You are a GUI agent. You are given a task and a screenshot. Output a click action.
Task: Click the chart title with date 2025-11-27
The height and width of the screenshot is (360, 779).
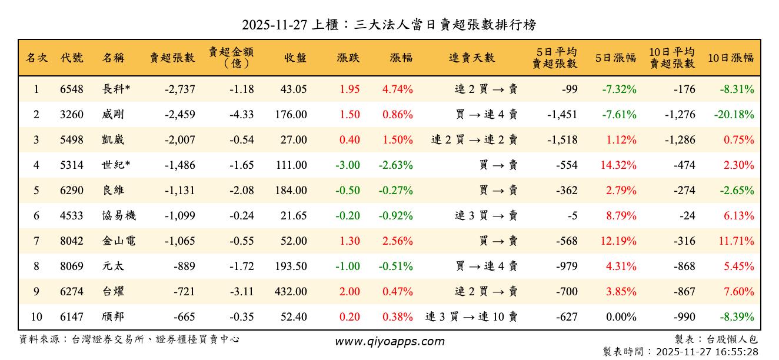(389, 25)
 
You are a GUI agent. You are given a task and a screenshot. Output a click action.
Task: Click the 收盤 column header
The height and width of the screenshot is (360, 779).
(295, 58)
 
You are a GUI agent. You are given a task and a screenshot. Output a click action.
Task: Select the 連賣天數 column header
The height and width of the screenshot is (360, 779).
(472, 58)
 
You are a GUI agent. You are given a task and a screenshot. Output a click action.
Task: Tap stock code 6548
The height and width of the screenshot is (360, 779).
(71, 89)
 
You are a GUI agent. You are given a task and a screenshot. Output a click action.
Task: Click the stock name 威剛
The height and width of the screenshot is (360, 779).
(113, 115)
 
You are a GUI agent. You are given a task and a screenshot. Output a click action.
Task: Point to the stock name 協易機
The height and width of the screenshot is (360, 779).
(119, 216)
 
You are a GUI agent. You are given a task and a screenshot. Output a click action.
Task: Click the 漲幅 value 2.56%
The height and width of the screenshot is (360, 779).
(398, 241)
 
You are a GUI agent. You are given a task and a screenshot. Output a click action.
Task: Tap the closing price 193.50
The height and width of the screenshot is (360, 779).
(291, 266)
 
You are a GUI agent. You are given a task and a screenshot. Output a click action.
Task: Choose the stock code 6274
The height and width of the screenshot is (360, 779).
(71, 292)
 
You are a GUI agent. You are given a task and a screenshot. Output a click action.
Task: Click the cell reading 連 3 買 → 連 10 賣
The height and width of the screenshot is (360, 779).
(471, 317)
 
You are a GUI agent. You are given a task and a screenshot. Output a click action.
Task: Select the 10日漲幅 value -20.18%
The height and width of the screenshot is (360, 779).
(734, 115)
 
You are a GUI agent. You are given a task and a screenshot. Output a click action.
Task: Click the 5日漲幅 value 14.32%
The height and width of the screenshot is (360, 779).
(618, 165)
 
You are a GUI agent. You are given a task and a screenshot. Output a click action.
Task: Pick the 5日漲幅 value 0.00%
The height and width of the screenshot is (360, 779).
(621, 317)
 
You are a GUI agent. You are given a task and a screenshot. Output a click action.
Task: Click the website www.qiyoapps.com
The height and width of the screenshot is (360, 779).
(389, 341)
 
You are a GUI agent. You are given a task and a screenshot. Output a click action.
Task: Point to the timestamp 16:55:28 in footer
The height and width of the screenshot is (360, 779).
(735, 352)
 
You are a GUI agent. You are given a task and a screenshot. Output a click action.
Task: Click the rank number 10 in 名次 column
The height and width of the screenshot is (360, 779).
(36, 317)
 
